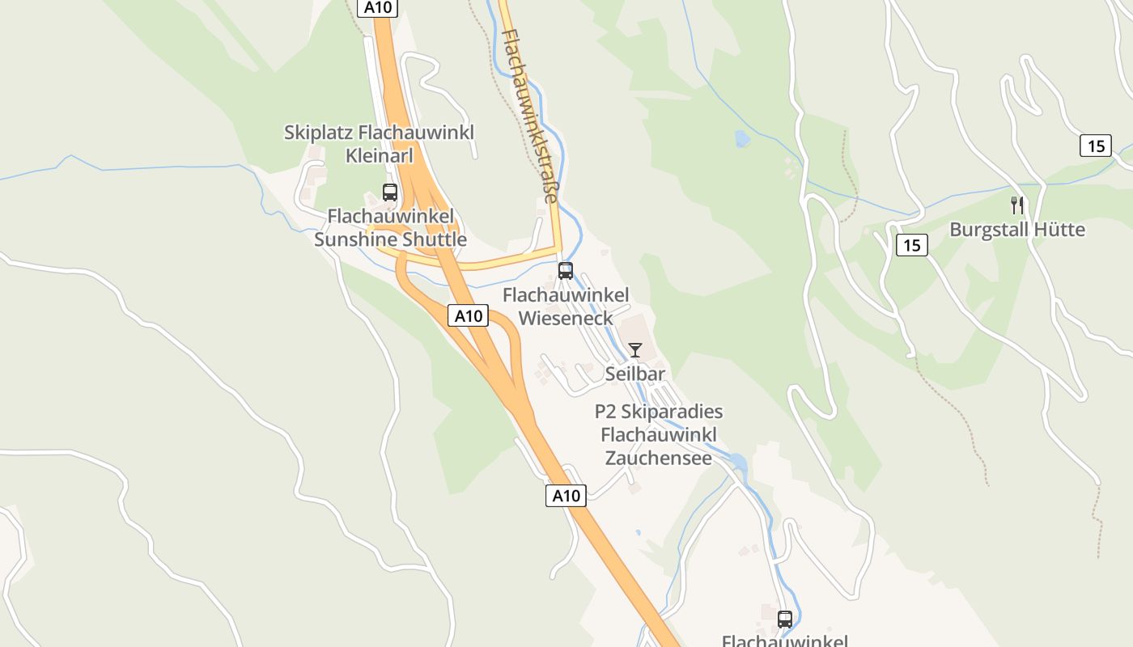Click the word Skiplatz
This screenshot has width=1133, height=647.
click(x=319, y=132)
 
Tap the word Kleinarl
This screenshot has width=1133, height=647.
click(x=379, y=155)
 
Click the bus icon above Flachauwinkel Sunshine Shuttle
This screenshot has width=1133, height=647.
click(x=390, y=192)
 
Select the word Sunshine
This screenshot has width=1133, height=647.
click(x=355, y=239)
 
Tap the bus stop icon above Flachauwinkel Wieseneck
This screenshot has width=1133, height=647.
click(x=566, y=271)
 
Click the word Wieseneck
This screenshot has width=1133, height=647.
click(x=566, y=318)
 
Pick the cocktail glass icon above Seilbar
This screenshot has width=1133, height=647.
click(x=635, y=350)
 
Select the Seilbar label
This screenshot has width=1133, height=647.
click(x=635, y=374)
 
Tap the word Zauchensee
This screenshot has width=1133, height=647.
click(x=659, y=458)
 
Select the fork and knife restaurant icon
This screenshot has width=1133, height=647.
click(x=1017, y=205)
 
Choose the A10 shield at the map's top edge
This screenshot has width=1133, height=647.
click(x=376, y=7)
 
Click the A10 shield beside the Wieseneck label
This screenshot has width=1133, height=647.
click(x=469, y=316)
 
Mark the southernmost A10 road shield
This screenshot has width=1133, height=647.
click(x=566, y=496)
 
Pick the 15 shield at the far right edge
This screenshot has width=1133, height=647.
click(x=1096, y=146)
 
